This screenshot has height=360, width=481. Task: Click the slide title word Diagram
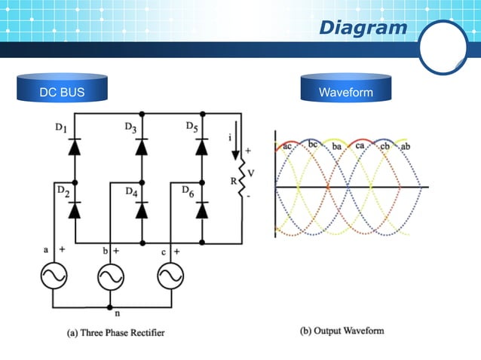point(363,28)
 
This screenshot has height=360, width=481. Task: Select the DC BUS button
point(62,93)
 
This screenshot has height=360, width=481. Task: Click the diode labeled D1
point(74,148)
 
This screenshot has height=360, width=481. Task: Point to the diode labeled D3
point(141,148)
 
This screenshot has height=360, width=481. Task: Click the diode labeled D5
point(202,148)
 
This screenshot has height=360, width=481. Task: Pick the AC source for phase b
point(110,277)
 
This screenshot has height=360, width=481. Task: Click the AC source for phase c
point(170,277)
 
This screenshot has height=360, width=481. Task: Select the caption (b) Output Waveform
point(342,330)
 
